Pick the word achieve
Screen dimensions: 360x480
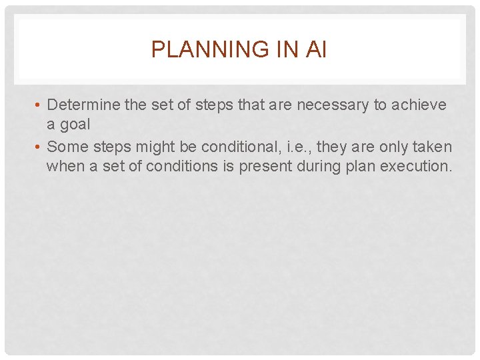tap(422, 105)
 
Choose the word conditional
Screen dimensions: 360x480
tap(237, 147)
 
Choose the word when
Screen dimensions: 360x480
tap(65, 166)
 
